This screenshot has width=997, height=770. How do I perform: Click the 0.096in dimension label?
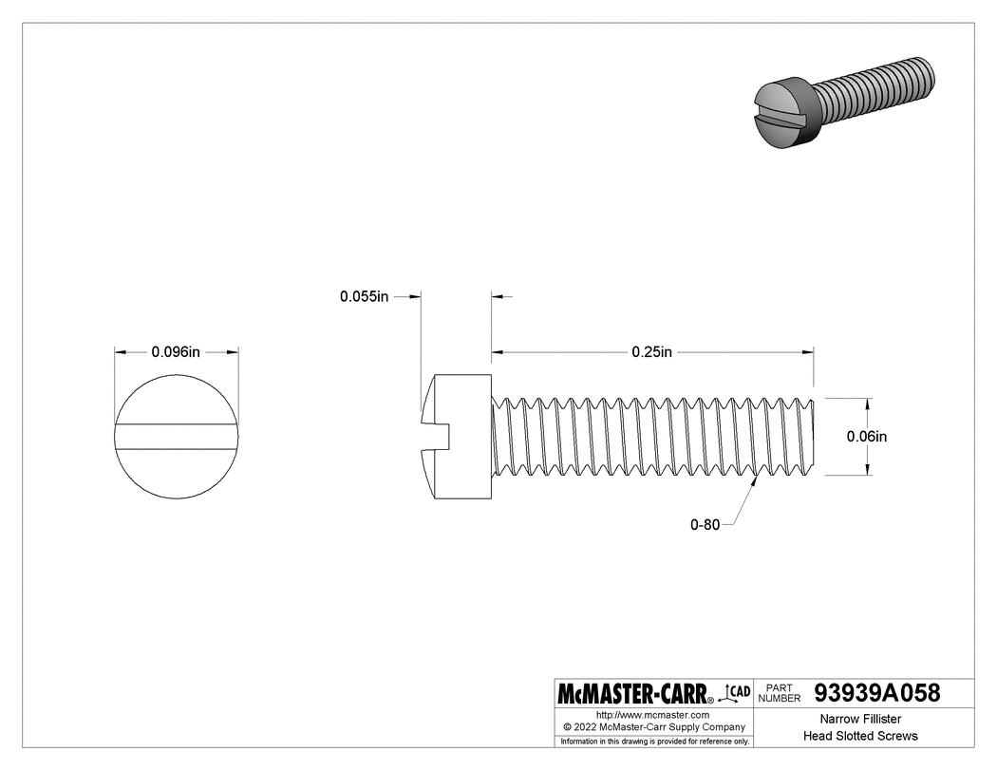click(x=176, y=351)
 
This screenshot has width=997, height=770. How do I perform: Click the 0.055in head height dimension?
click(x=365, y=296)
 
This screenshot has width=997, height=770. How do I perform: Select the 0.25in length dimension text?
click(x=651, y=352)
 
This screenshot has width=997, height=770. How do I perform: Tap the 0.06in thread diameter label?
click(x=866, y=437)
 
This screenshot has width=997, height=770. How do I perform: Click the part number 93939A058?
click(x=877, y=693)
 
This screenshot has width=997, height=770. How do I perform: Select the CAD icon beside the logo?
click(x=738, y=692)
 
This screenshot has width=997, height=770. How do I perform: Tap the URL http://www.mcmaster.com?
click(x=653, y=714)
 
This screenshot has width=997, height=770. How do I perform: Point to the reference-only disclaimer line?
click(x=654, y=741)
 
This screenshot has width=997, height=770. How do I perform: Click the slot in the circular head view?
click(x=177, y=436)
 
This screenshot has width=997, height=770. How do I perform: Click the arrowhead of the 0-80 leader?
click(x=756, y=480)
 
